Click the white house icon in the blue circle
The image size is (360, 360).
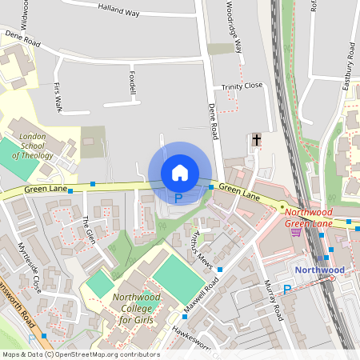(x=179, y=173)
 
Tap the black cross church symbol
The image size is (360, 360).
(x=256, y=141)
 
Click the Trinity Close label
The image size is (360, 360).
(x=242, y=86)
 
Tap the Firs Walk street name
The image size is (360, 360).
(x=57, y=95)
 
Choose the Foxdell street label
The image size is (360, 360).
(x=131, y=82)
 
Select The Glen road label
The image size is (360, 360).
(x=89, y=230)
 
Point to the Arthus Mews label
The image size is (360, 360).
(x=202, y=249)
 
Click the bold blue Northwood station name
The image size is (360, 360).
(x=320, y=270)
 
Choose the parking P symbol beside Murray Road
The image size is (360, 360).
(x=286, y=289)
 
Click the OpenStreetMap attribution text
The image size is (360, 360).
(x=80, y=354)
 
